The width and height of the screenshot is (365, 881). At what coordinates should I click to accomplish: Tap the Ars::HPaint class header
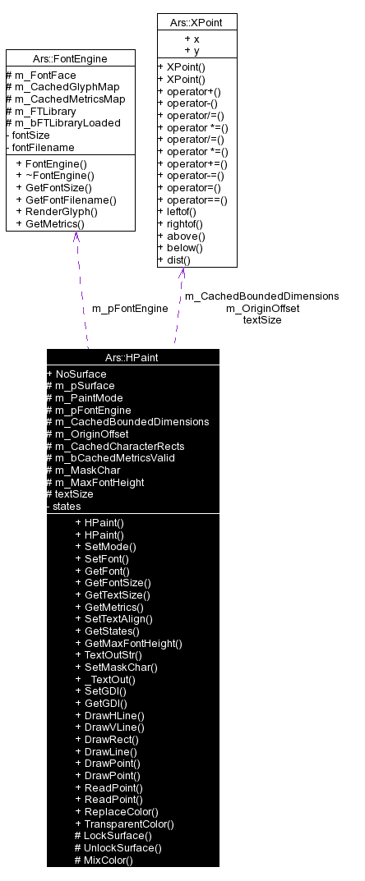click(132, 357)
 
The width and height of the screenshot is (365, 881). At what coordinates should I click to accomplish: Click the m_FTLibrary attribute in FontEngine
click(40, 111)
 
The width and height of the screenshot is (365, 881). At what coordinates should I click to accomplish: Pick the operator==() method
click(193, 200)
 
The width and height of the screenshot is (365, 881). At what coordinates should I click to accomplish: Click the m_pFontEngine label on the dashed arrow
click(130, 308)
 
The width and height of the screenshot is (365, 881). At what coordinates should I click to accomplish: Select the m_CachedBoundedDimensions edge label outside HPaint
click(261, 296)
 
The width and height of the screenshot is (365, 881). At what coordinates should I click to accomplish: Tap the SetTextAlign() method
click(118, 618)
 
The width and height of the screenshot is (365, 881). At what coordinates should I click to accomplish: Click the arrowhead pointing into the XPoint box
click(182, 273)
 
